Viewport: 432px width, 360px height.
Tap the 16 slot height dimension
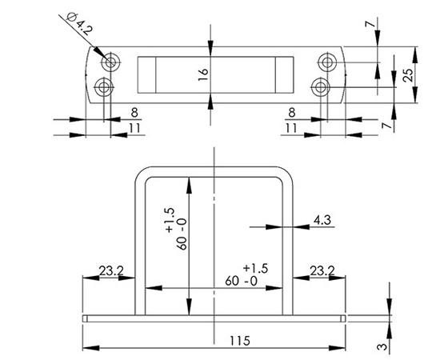point(203,74)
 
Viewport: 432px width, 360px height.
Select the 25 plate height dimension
point(409,75)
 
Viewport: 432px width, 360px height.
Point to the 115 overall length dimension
point(240,341)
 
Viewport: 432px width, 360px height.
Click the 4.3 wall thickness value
point(322,220)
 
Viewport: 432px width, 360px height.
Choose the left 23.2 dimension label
point(111,270)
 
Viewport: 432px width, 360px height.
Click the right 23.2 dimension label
point(322,270)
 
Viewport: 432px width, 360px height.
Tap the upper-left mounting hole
point(110,62)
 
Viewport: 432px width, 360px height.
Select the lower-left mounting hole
point(103,87)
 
